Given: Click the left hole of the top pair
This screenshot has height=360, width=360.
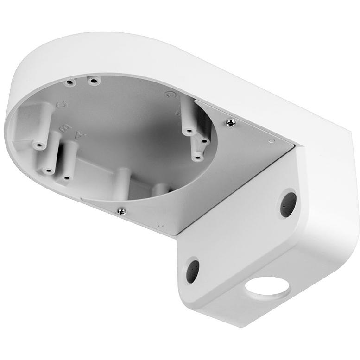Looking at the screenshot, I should pyautogui.click(x=70, y=83).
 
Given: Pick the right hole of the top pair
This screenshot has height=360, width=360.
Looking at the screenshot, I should pyautogui.click(x=94, y=81).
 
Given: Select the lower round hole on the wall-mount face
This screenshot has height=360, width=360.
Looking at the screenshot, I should pyautogui.click(x=192, y=271).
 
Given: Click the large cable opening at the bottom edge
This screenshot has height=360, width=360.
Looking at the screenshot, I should pyautogui.click(x=267, y=286).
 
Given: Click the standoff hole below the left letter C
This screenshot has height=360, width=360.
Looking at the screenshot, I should pyautogui.click(x=38, y=145).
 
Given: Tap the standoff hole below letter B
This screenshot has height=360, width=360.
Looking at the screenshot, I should pyautogui.click(x=47, y=171).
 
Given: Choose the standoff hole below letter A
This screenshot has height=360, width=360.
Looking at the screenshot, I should pyautogui.click(x=66, y=177).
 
